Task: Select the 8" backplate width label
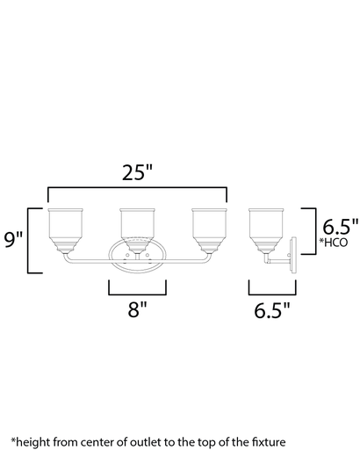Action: coord(136,308)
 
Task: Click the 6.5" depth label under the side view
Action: coord(273,308)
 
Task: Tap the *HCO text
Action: coord(334,241)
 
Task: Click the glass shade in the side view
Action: coord(266,226)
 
